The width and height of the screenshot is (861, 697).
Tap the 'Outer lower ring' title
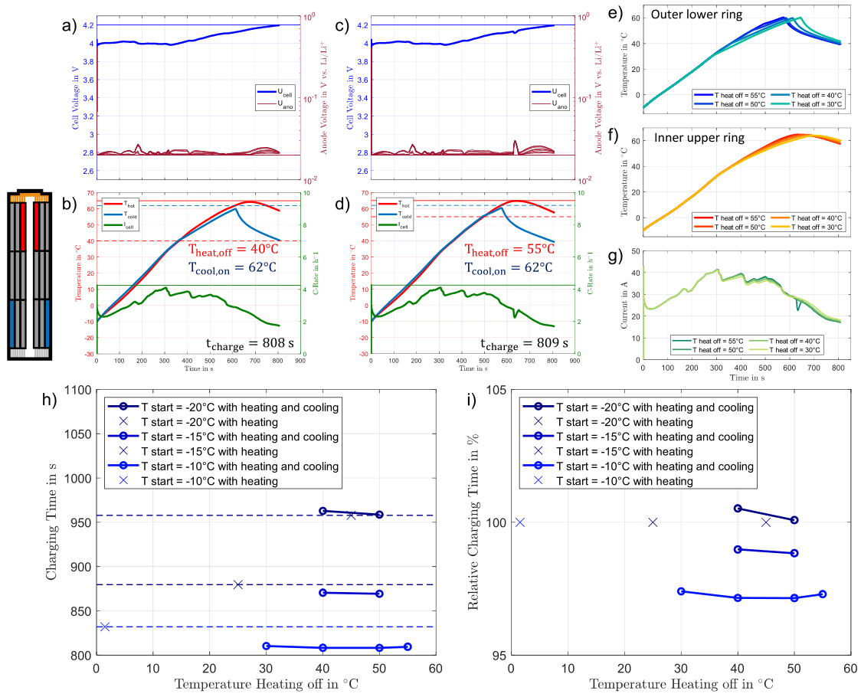pos(699,15)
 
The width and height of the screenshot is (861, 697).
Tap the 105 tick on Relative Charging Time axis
pos(493,390)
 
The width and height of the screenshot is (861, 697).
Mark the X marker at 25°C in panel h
pos(237,584)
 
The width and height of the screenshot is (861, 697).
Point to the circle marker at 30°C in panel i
pos(681,591)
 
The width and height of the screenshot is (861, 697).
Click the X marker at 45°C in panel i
pos(766,522)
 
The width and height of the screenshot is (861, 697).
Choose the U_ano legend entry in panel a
pos(275,106)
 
